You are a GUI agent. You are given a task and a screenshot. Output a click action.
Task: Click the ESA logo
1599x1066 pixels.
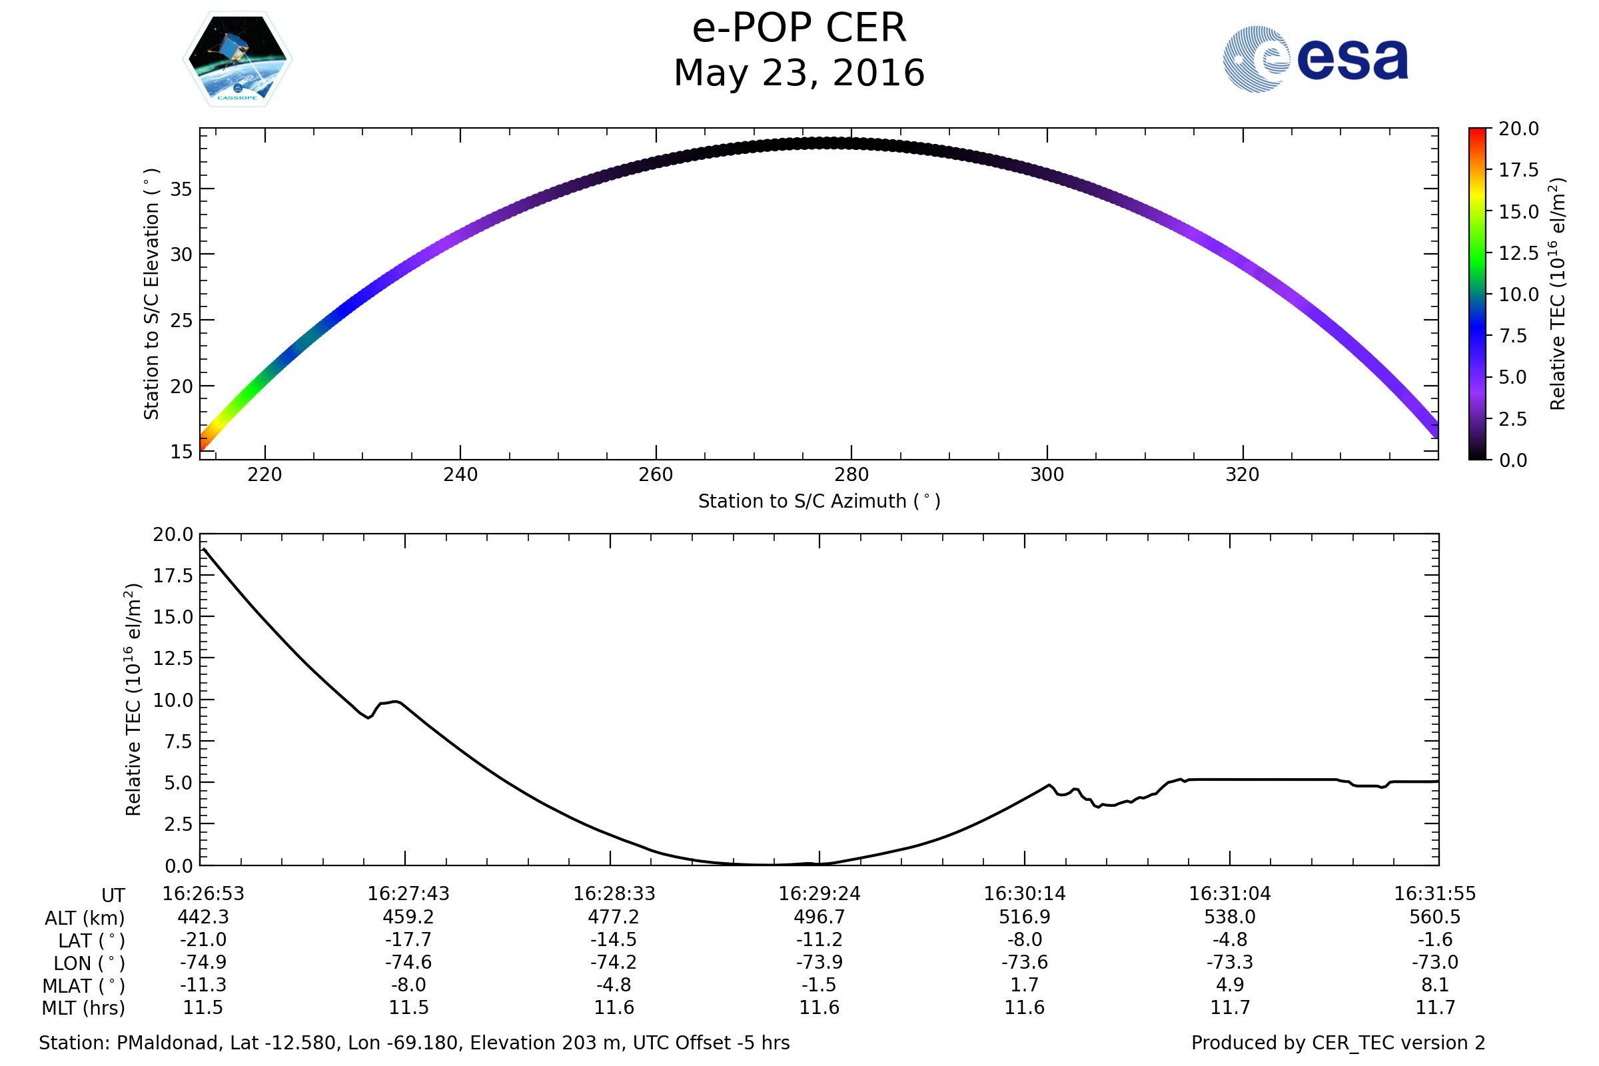click(x=1315, y=59)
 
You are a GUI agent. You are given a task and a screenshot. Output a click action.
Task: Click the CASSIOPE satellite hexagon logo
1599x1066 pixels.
click(x=237, y=59)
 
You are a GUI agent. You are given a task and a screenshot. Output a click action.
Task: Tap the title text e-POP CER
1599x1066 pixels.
click(x=799, y=29)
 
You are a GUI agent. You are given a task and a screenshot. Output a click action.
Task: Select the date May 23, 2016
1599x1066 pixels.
click(x=799, y=73)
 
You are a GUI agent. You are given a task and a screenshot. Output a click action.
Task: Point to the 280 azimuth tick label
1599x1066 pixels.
click(x=851, y=474)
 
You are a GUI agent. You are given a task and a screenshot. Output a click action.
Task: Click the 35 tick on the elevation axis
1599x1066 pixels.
click(x=181, y=189)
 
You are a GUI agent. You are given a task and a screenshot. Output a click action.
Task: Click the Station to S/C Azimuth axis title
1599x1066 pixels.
click(x=819, y=502)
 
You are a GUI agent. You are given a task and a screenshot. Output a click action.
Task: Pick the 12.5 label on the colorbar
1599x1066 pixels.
click(x=1518, y=254)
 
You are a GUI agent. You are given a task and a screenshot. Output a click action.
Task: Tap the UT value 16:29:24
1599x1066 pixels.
click(x=819, y=894)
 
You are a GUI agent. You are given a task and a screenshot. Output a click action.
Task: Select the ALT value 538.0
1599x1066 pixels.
click(x=1229, y=917)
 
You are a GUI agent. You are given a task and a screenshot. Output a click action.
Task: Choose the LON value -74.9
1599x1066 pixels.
click(x=203, y=963)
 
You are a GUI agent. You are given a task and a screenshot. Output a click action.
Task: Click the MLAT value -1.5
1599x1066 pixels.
click(x=819, y=985)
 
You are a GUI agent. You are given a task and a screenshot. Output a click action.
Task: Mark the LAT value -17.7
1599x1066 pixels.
click(x=408, y=940)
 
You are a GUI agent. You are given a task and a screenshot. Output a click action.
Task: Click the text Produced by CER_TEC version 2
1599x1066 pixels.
click(x=1338, y=1043)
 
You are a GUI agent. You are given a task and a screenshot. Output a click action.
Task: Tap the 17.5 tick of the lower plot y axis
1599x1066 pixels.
click(x=173, y=576)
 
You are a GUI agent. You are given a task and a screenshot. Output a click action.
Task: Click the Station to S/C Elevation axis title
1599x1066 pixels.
click(x=151, y=294)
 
